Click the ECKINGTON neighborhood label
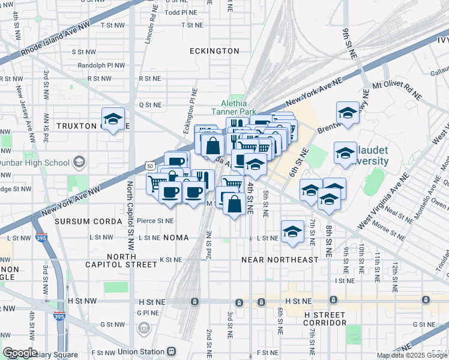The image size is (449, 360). [214, 51]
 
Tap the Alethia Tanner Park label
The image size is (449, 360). [234, 107]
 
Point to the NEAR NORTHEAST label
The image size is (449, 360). [280, 260]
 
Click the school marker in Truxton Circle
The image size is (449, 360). [112, 119]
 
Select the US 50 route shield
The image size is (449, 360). [150, 165]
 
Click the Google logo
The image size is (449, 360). [20, 353]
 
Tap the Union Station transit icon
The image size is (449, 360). [172, 351]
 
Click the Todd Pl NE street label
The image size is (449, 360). [181, 12]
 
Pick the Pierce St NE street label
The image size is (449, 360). [155, 221]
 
